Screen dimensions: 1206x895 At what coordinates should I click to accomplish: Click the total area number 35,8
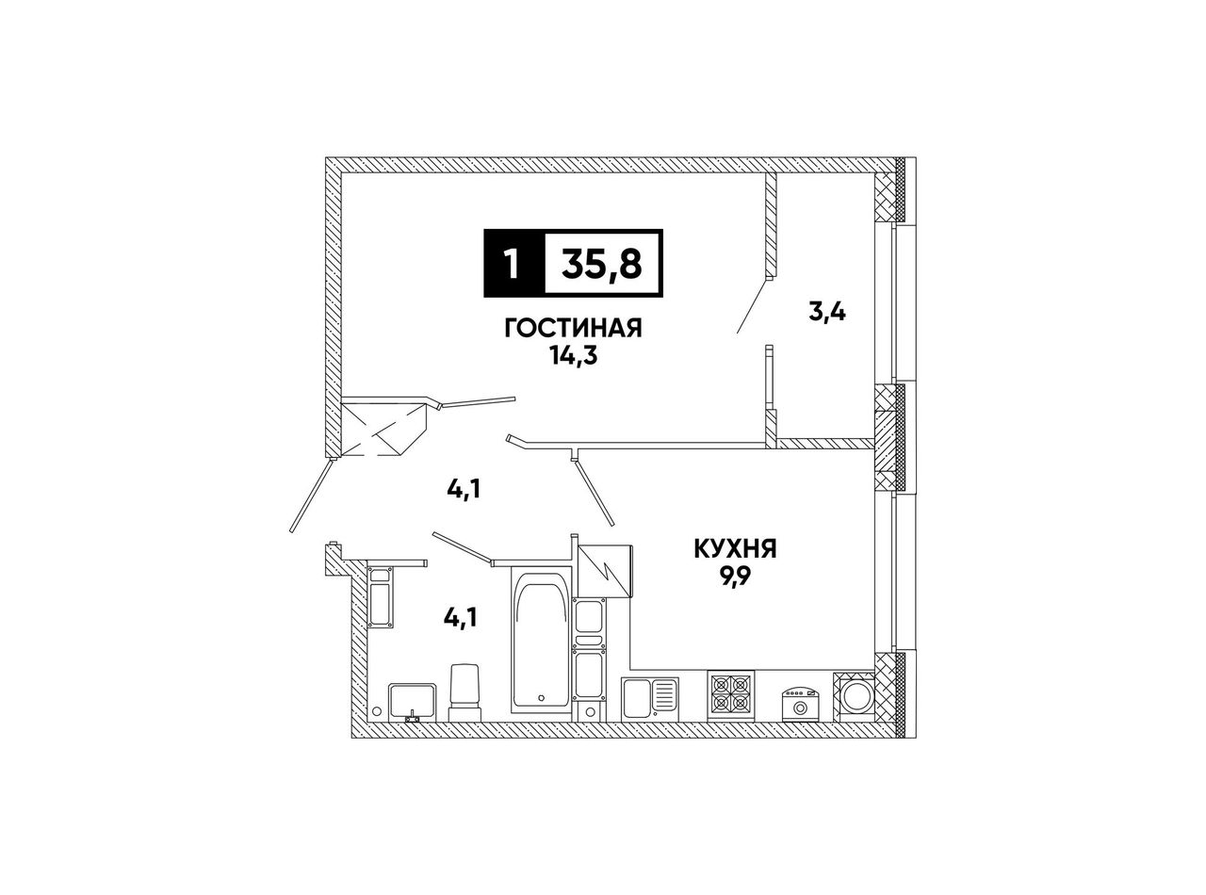pyautogui.click(x=602, y=264)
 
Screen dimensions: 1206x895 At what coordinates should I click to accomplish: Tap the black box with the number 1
pyautogui.click(x=513, y=263)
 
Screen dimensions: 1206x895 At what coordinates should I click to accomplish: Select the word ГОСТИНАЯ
pyautogui.click(x=573, y=329)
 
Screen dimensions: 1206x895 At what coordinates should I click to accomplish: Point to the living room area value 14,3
pyautogui.click(x=573, y=356)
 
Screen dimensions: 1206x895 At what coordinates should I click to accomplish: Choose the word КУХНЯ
pyautogui.click(x=735, y=550)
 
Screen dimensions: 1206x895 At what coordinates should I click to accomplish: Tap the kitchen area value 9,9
pyautogui.click(x=735, y=577)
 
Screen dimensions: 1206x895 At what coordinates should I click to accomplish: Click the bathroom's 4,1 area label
pyautogui.click(x=461, y=618)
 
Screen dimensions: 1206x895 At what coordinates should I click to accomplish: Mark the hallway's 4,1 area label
pyautogui.click(x=464, y=491)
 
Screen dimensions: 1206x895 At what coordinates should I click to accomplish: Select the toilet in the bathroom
pyautogui.click(x=464, y=692)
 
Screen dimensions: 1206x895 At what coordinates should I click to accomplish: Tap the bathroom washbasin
pyautogui.click(x=412, y=702)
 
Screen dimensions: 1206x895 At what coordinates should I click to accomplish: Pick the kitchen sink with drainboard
pyautogui.click(x=650, y=699)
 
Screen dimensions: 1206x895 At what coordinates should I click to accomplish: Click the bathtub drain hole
pyautogui.click(x=541, y=697)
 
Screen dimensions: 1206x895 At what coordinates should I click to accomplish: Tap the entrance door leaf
pyautogui.click(x=311, y=496)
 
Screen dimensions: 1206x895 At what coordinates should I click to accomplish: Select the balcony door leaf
pyautogui.click(x=753, y=306)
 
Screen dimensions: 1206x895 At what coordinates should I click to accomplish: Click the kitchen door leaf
pyautogui.click(x=595, y=492)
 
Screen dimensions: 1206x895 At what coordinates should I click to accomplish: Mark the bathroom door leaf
pyautogui.click(x=463, y=548)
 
